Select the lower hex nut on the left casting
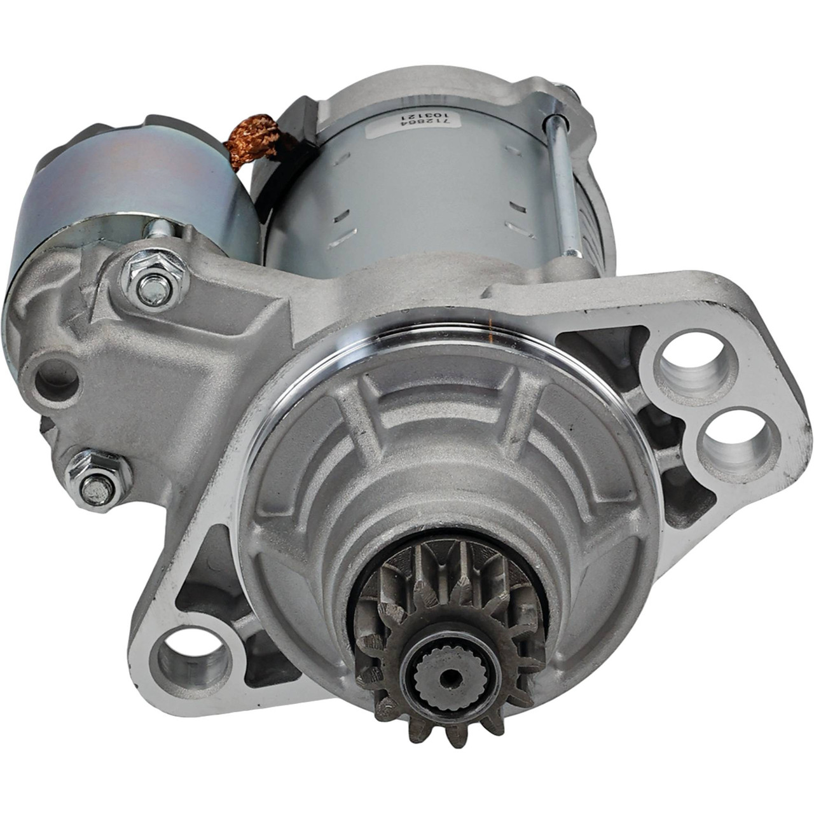tap(98, 480)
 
